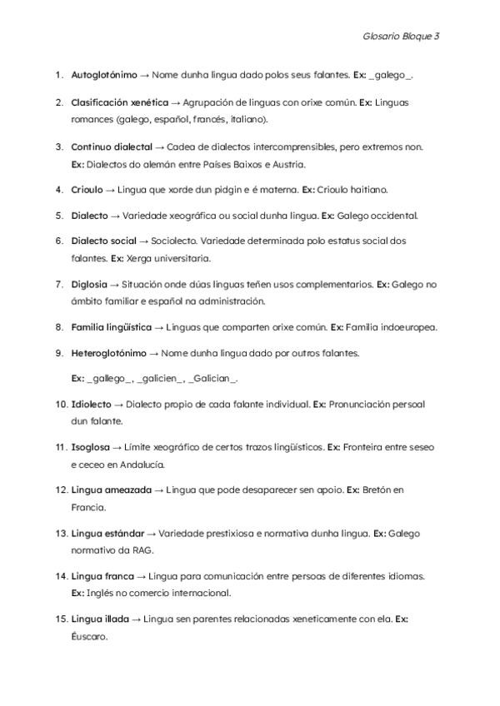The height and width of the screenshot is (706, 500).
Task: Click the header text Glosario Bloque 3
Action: pos(401,37)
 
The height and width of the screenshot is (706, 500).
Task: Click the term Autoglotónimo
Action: pos(104,75)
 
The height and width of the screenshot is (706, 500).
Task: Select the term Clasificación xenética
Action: pos(120,103)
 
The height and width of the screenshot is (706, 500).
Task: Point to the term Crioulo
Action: pos(87,190)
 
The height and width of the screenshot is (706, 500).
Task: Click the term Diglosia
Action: pos(89,284)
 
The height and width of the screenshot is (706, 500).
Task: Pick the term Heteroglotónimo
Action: pos(108,353)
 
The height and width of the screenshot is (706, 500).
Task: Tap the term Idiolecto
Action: pos(92,405)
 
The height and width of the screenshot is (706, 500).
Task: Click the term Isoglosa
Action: pos(90,447)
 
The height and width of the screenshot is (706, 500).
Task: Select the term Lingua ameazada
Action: pos(112,490)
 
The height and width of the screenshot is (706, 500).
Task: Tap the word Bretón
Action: pos(378,490)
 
